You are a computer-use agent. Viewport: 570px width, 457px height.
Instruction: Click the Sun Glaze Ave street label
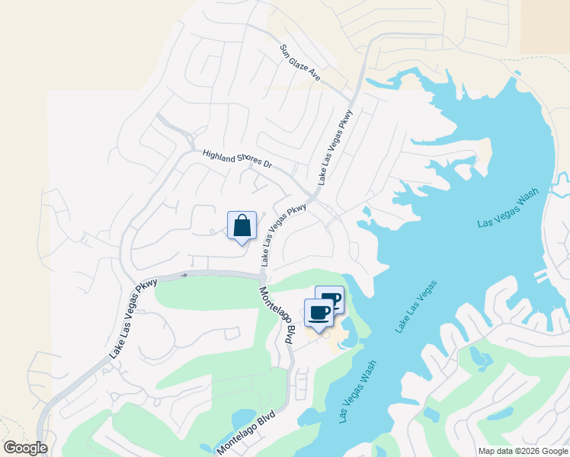(299, 63)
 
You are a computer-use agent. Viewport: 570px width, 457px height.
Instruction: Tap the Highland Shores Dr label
(237, 158)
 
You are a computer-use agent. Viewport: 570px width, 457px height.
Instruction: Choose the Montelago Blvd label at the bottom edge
(245, 433)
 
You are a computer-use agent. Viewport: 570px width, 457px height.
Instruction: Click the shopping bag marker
(242, 226)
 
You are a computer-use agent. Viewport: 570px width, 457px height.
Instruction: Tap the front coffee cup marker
(319, 313)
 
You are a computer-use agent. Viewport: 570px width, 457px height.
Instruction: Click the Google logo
(26, 448)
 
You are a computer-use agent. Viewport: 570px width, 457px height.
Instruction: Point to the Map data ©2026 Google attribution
(523, 451)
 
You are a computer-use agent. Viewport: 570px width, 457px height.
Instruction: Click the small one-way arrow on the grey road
(184, 275)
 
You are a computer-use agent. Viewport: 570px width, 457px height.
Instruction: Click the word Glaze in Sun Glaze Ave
(299, 63)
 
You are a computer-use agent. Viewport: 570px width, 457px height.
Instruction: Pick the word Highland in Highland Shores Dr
(218, 155)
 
